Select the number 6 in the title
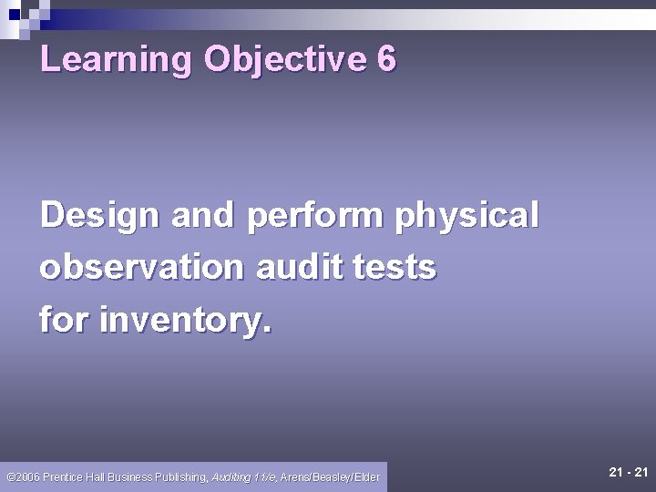(385, 60)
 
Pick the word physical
(467, 217)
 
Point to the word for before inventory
(65, 320)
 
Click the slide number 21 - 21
(628, 472)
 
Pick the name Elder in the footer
(366, 477)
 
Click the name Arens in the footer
(296, 477)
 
